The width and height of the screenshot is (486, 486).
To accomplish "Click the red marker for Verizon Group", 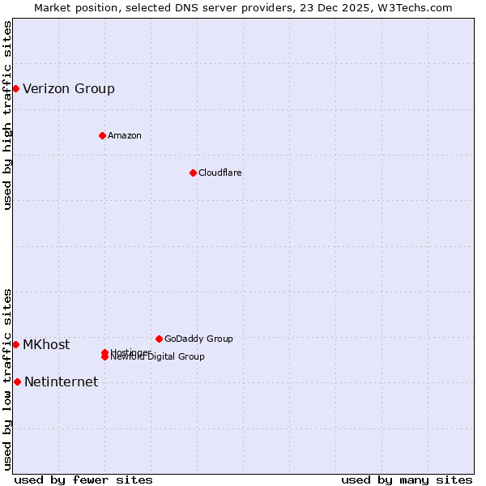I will click(15, 88).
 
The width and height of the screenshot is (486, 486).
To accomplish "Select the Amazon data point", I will click(102, 135).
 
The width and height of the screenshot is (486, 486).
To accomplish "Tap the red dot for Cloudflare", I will click(193, 173).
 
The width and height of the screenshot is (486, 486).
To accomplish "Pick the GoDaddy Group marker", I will click(159, 339).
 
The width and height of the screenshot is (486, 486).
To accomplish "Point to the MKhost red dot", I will click(15, 344).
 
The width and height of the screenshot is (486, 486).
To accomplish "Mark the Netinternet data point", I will click(17, 382).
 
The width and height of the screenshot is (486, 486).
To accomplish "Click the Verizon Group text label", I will click(69, 89).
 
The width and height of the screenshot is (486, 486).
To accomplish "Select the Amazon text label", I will click(125, 135).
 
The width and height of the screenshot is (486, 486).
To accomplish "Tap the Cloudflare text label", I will click(220, 173).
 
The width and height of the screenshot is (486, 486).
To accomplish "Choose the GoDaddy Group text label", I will click(198, 339).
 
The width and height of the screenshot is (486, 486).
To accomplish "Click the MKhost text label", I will click(46, 345).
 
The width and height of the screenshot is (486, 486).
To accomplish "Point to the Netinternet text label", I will click(62, 382).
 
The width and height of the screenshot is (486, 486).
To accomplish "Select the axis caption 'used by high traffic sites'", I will click(7, 115).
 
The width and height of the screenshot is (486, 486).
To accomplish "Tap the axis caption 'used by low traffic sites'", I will click(7, 378).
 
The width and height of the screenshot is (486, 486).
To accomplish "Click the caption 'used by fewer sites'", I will click(83, 480).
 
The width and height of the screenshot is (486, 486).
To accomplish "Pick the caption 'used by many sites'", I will click(407, 480).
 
